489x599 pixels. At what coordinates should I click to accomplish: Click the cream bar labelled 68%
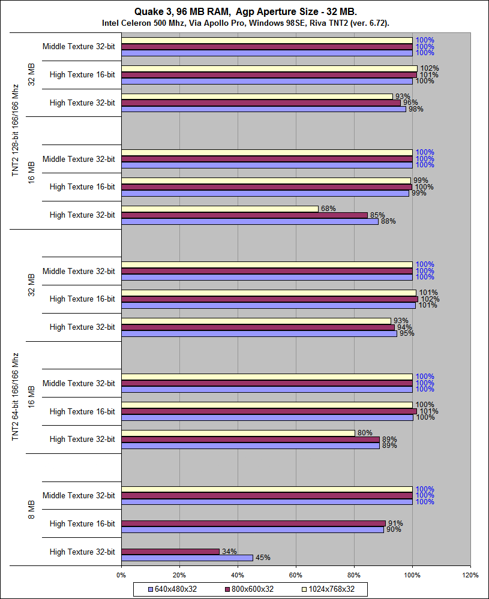point(220,209)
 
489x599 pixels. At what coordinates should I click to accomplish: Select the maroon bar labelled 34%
point(170,552)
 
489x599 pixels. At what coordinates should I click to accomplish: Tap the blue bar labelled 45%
point(187,558)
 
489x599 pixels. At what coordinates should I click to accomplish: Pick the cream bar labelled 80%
point(238,433)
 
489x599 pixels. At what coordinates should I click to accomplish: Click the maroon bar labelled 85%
point(244,215)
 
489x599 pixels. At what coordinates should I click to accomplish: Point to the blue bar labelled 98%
point(264,109)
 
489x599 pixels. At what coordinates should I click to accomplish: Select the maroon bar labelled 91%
point(253,523)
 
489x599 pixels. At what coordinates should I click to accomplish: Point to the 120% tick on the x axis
point(470,575)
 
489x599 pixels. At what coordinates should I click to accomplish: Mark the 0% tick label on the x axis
point(122,575)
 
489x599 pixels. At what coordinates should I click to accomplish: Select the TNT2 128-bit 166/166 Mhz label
point(16,130)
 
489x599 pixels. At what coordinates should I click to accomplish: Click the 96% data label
point(410,103)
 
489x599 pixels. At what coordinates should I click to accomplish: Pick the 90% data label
point(393,530)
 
